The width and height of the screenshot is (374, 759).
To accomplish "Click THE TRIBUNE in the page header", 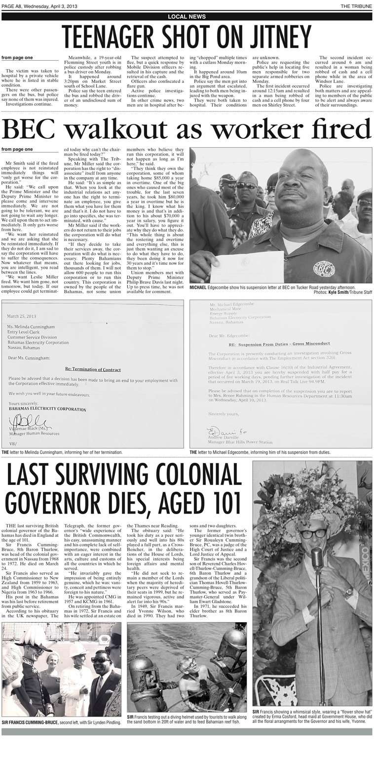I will coord(356,5).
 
